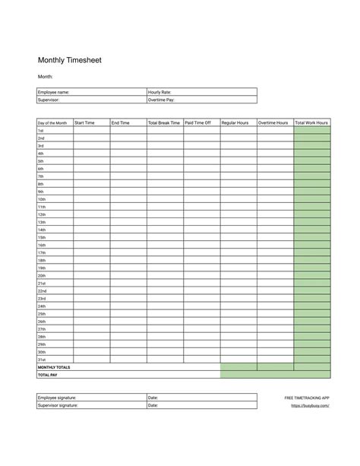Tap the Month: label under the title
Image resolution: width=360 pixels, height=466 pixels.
point(46,77)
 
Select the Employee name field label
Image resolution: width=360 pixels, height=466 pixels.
point(54,92)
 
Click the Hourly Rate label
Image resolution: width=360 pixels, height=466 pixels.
point(159,92)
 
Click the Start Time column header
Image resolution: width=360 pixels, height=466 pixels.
point(84,122)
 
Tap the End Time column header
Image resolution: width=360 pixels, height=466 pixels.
point(121,122)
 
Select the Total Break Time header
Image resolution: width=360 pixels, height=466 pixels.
point(164,122)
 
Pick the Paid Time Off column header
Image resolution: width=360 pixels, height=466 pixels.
point(198,122)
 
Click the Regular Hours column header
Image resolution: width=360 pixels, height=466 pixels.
point(235,122)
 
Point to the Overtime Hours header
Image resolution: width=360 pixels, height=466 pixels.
point(273,122)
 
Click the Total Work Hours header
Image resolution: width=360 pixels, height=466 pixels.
point(311,122)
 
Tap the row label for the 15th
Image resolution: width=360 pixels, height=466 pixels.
point(42,237)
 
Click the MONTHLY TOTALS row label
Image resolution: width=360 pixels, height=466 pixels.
point(54,367)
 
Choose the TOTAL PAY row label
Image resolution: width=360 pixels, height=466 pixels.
point(47,375)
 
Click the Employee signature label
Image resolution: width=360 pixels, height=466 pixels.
point(57,398)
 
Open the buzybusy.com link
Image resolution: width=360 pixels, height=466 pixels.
point(310,406)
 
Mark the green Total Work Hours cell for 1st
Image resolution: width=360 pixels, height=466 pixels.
point(312,131)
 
